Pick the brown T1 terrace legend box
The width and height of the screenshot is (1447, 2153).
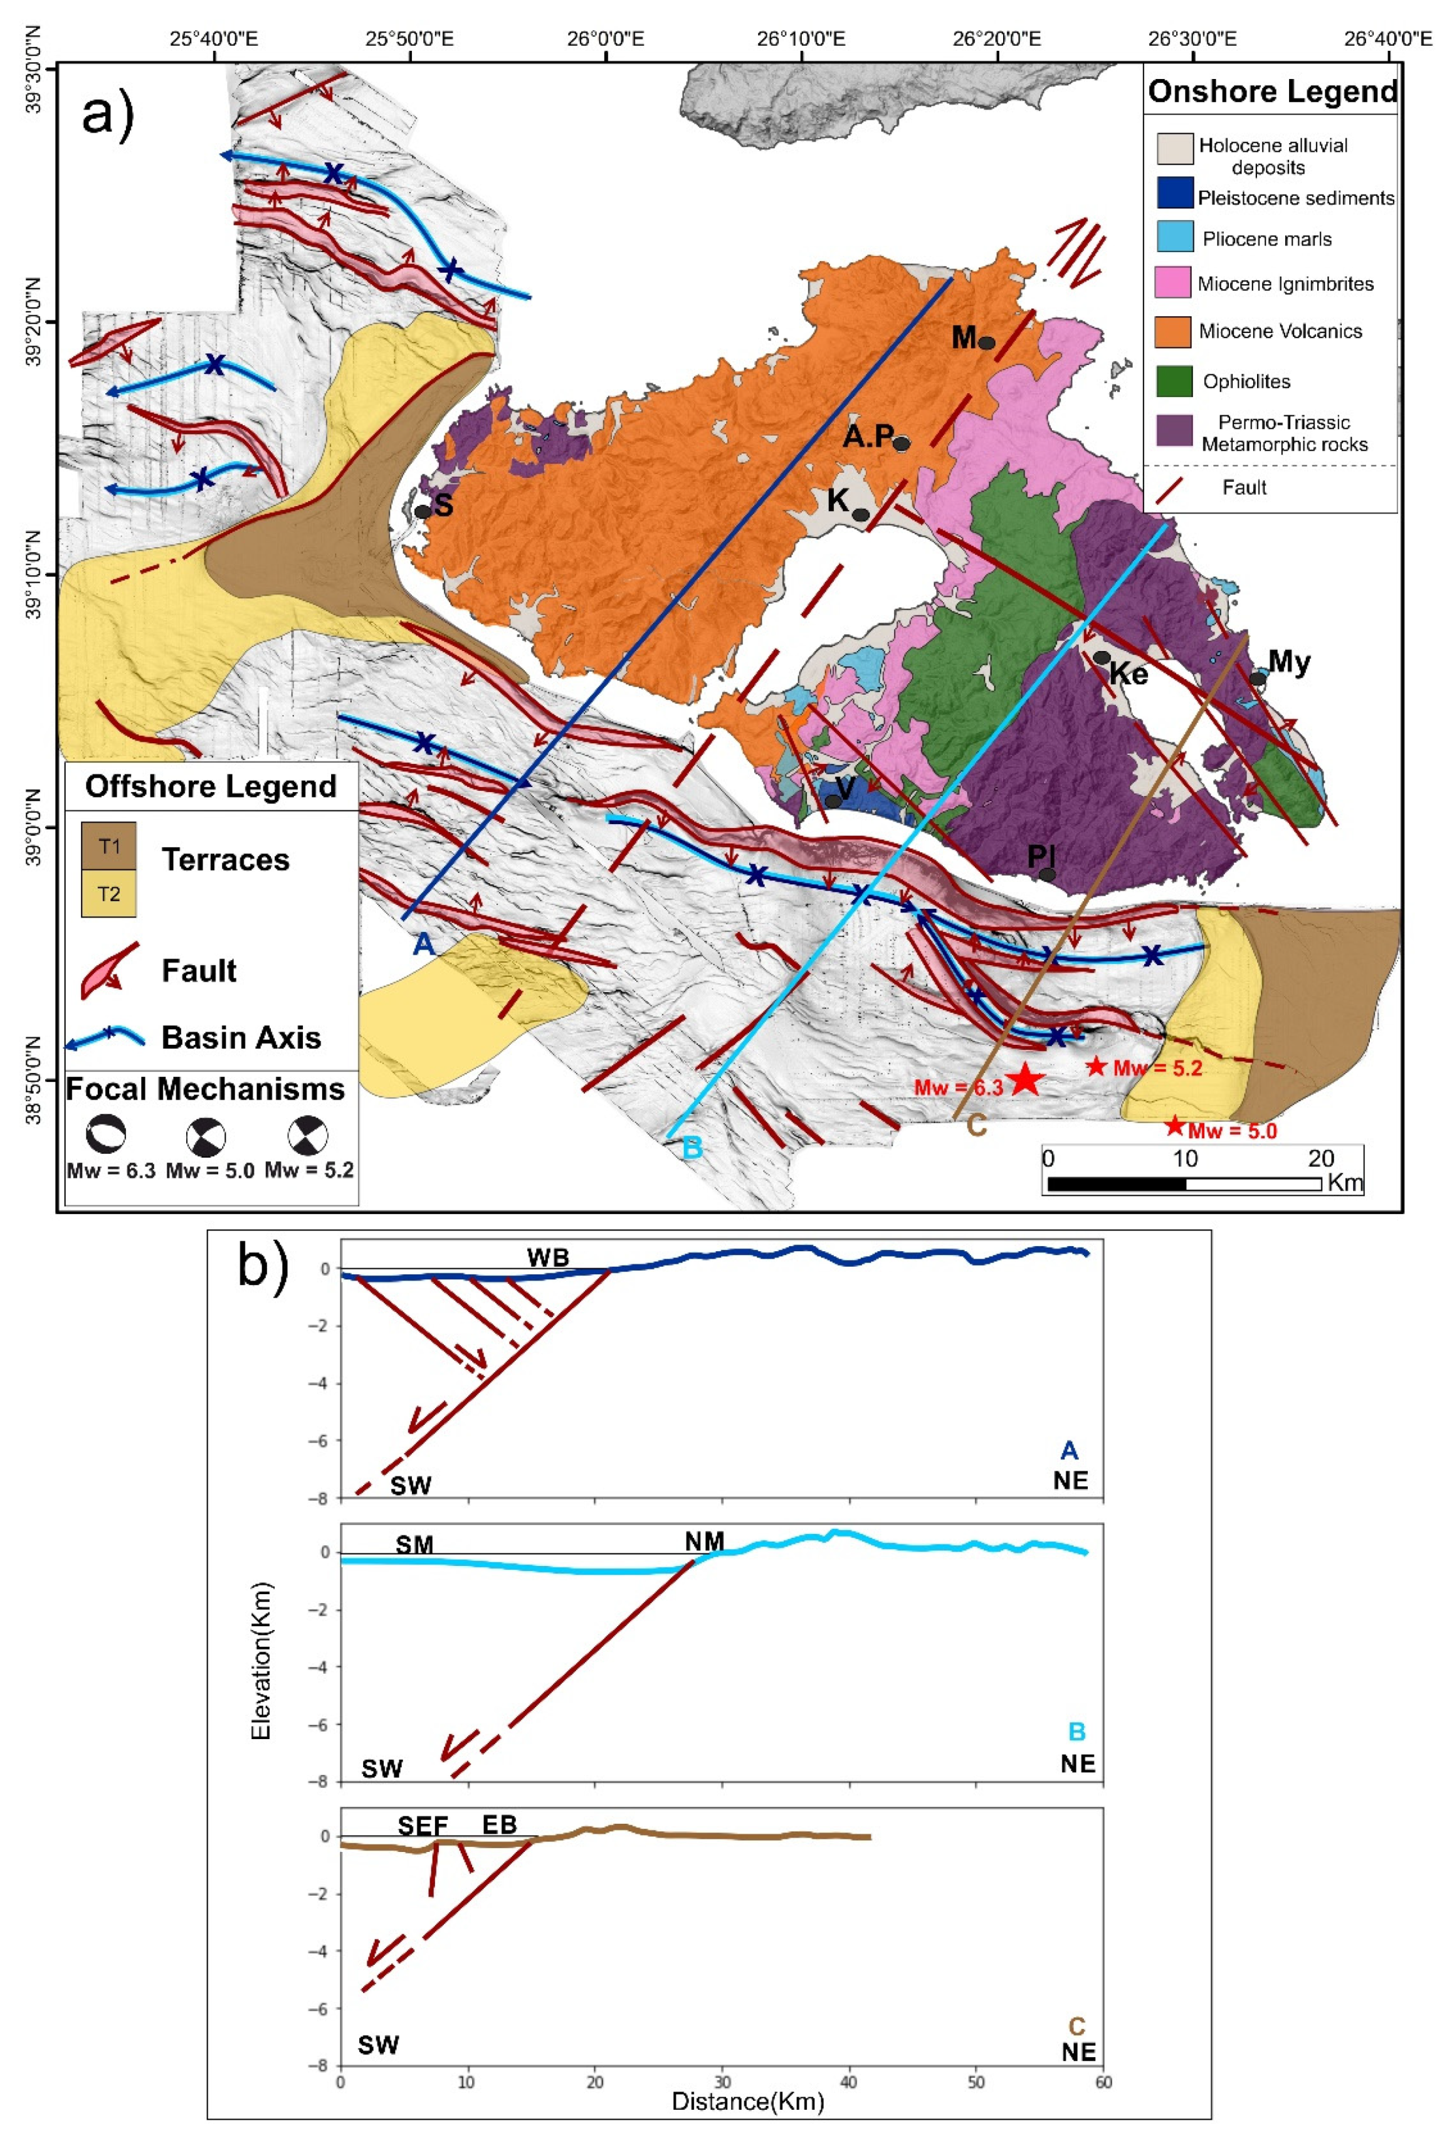109,846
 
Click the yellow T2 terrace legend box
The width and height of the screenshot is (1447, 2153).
109,893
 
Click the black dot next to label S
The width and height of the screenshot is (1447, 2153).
423,511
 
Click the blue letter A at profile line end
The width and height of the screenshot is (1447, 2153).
423,943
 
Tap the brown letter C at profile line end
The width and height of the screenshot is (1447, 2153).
976,1126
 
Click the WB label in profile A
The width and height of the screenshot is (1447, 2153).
547,1257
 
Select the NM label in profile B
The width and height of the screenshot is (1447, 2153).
704,1540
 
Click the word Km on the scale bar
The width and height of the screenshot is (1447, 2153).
1344,1182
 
